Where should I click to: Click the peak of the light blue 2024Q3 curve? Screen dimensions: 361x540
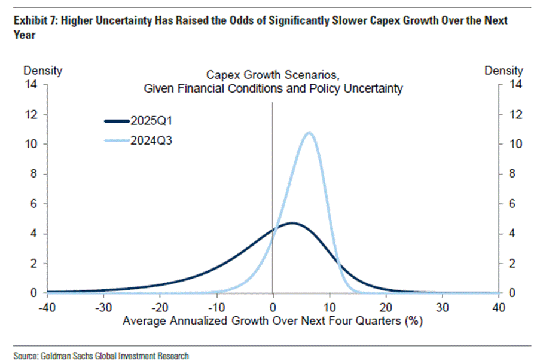click(x=309, y=133)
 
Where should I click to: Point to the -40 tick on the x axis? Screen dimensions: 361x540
click(x=46, y=307)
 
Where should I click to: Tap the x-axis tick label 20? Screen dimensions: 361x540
click(x=386, y=307)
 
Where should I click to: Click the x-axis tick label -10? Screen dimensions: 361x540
click(x=216, y=307)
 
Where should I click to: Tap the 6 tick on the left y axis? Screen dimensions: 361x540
click(x=34, y=204)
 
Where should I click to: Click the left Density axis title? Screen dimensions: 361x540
click(x=42, y=71)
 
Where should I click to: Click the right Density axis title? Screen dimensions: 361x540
click(x=503, y=71)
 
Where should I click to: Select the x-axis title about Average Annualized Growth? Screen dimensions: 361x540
click(x=273, y=321)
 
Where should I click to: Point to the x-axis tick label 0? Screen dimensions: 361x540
click(x=273, y=307)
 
